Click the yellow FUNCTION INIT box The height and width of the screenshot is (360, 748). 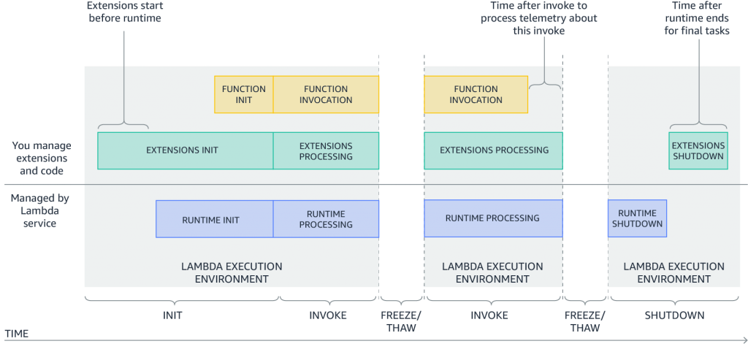pyautogui.click(x=244, y=94)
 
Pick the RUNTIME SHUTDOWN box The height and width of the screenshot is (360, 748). pyautogui.click(x=637, y=218)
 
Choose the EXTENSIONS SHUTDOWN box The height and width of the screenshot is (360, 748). pyautogui.click(x=698, y=150)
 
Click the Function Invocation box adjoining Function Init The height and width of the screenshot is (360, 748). pyautogui.click(x=326, y=94)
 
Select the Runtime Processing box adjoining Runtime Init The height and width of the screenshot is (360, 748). pyautogui.click(x=326, y=219)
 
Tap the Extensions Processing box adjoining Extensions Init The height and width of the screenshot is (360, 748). pyautogui.click(x=326, y=150)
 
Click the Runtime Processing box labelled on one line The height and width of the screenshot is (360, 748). pyautogui.click(x=493, y=218)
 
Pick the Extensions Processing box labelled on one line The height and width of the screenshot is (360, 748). pyautogui.click(x=493, y=150)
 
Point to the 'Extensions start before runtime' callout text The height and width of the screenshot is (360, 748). pyautogui.click(x=125, y=12)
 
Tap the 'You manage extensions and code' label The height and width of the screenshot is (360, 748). pyautogui.click(x=40, y=158)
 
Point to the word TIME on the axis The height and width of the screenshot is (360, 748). pyautogui.click(x=17, y=333)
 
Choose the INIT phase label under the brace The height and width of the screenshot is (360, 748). pyautogui.click(x=172, y=315)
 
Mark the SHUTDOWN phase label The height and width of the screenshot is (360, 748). pyautogui.click(x=674, y=315)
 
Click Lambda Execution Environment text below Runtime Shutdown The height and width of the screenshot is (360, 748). pyautogui.click(x=673, y=272)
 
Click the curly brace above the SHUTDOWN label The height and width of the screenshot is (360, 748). pyautogui.click(x=673, y=297)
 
